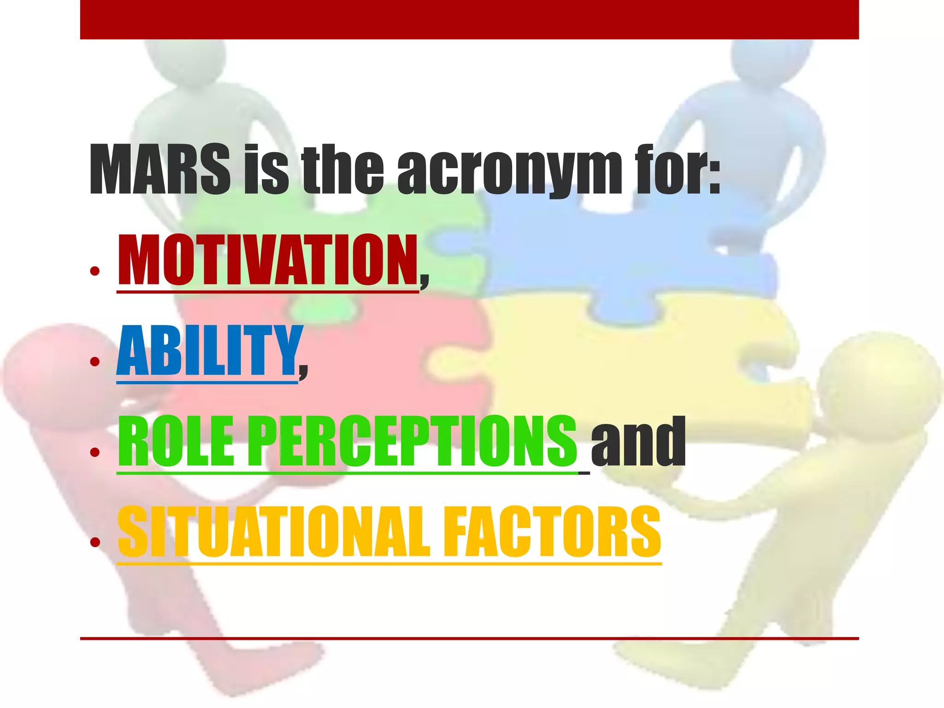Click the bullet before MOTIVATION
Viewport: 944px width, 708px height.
pyautogui.click(x=95, y=271)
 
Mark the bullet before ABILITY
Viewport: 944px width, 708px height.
pyautogui.click(x=95, y=361)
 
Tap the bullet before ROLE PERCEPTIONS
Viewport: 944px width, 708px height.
pyautogui.click(x=95, y=452)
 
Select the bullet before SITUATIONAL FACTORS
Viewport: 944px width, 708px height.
pyautogui.click(x=95, y=543)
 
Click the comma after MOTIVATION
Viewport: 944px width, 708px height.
pyautogui.click(x=424, y=279)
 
